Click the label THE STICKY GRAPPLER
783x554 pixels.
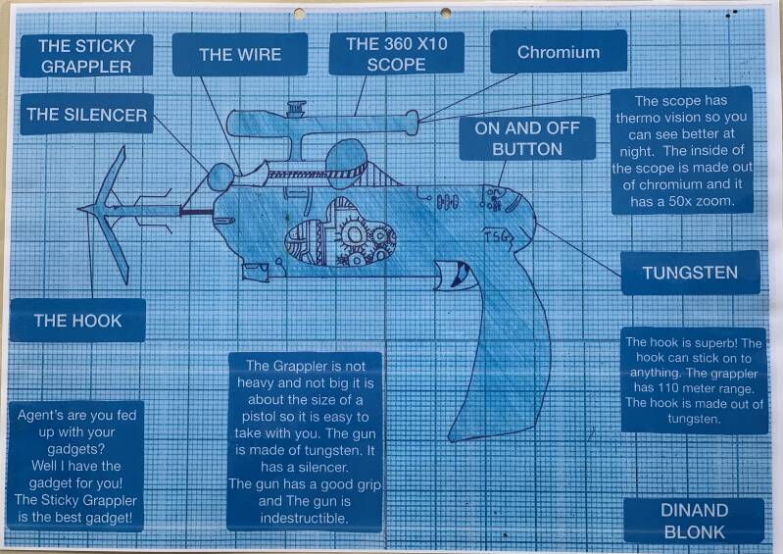(x=87, y=55)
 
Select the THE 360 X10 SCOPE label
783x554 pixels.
(x=396, y=54)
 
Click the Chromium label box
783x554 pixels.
(x=558, y=51)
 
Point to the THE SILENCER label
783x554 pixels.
(x=86, y=114)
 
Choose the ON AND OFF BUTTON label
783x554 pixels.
(x=527, y=138)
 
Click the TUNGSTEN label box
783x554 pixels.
(x=690, y=273)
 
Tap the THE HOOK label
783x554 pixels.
(x=77, y=320)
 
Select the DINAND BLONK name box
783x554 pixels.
(x=693, y=520)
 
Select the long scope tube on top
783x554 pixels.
(x=323, y=123)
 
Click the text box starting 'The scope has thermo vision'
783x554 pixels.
(x=681, y=152)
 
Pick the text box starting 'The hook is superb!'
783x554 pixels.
(x=695, y=380)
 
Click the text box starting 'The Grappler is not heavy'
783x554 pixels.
(x=304, y=439)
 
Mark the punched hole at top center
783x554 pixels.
(x=446, y=13)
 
